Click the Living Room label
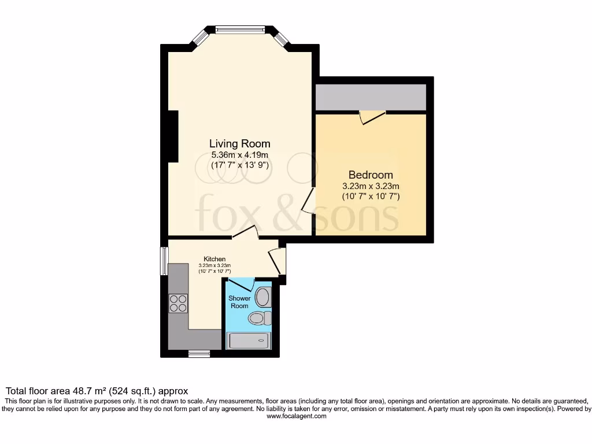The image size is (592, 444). (x=239, y=143)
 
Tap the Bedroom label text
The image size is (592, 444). (x=370, y=175)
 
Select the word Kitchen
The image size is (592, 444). (x=214, y=258)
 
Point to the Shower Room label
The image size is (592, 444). (x=239, y=302)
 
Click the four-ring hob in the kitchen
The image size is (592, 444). (x=179, y=303)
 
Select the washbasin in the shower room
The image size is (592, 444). (x=263, y=297)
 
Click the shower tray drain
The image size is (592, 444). (x=262, y=341)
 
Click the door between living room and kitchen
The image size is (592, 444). (x=245, y=232)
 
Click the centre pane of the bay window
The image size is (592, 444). (x=240, y=28)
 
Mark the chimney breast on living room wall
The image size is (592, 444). (x=173, y=137)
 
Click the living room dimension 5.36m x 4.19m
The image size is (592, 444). (x=239, y=155)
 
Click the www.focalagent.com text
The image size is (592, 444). (x=297, y=416)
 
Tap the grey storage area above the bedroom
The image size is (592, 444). (x=371, y=97)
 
